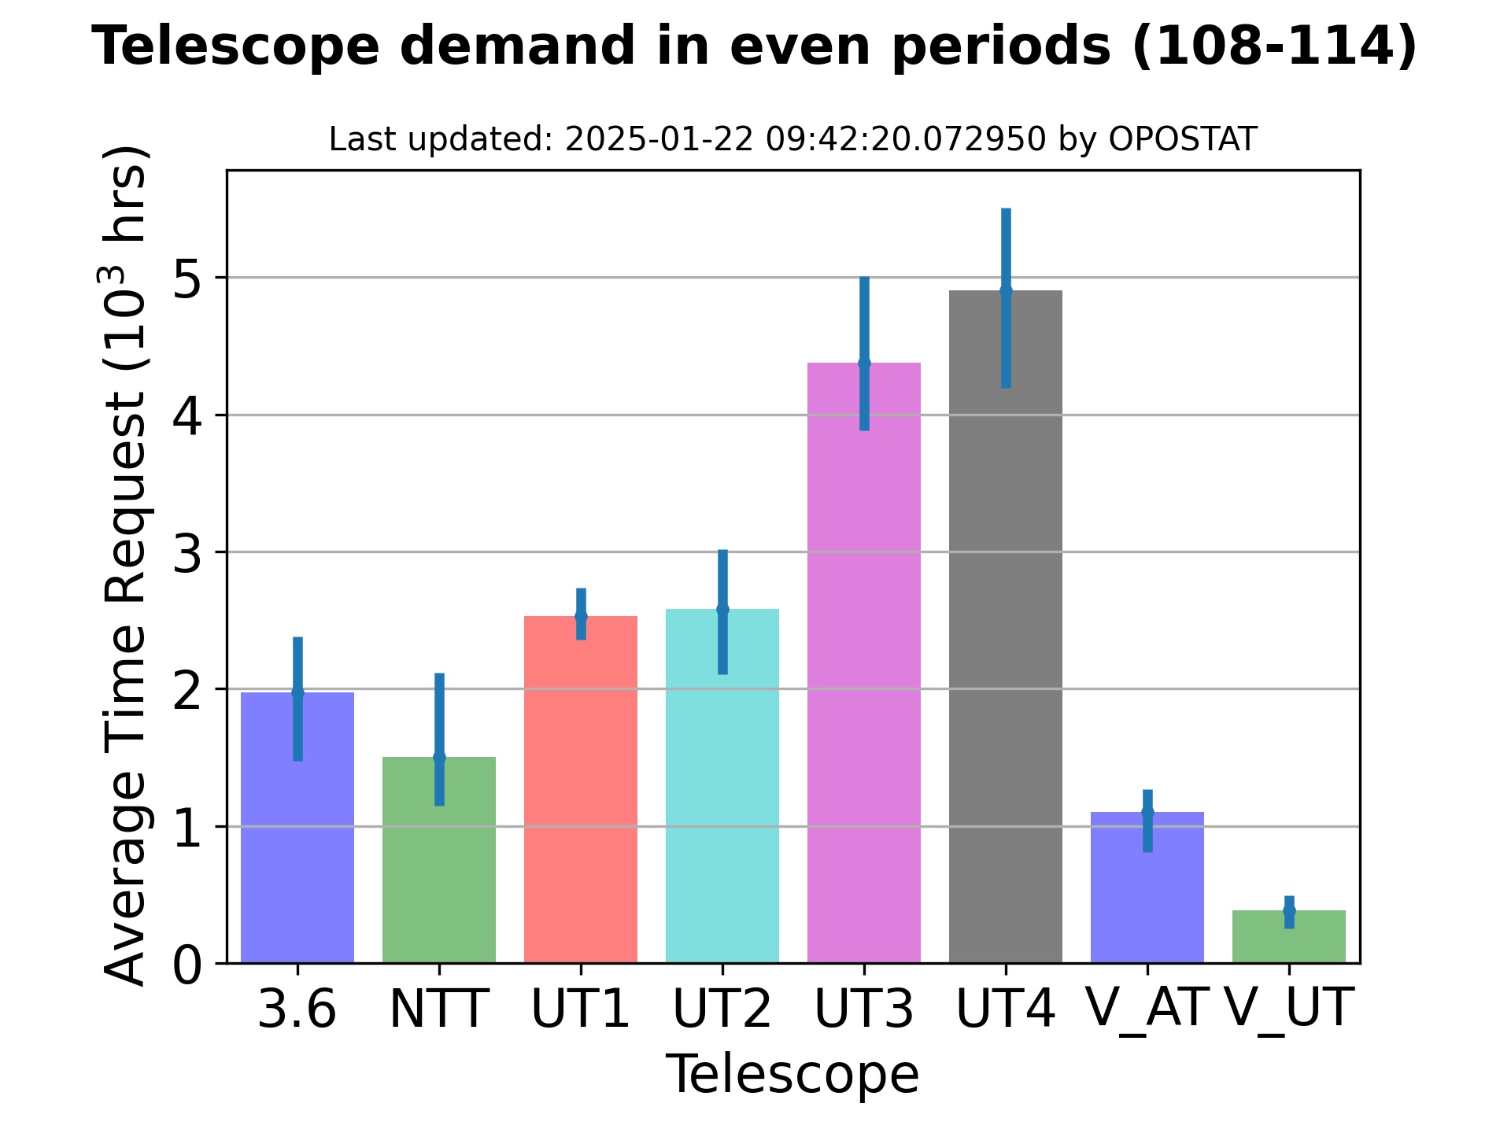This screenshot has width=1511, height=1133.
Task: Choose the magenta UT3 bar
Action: tap(863, 669)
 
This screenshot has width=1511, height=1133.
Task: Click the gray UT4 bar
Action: tap(1005, 629)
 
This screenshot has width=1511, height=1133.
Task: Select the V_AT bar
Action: tap(1147, 897)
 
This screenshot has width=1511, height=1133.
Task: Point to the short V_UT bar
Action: tap(1288, 940)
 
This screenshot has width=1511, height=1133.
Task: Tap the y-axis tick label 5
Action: tap(187, 279)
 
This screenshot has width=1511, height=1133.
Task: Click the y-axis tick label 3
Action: tap(187, 553)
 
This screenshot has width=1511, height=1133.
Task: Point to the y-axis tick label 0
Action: tap(187, 965)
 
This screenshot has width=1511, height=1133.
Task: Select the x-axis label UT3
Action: tap(863, 1009)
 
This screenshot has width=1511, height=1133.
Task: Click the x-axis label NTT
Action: tap(438, 1009)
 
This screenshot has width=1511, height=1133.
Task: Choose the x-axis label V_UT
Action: tap(1288, 1009)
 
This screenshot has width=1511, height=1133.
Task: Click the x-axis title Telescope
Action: tap(792, 1075)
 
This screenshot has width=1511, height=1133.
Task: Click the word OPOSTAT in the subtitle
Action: tap(1182, 140)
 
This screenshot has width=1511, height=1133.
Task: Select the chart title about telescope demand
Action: tap(754, 46)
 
